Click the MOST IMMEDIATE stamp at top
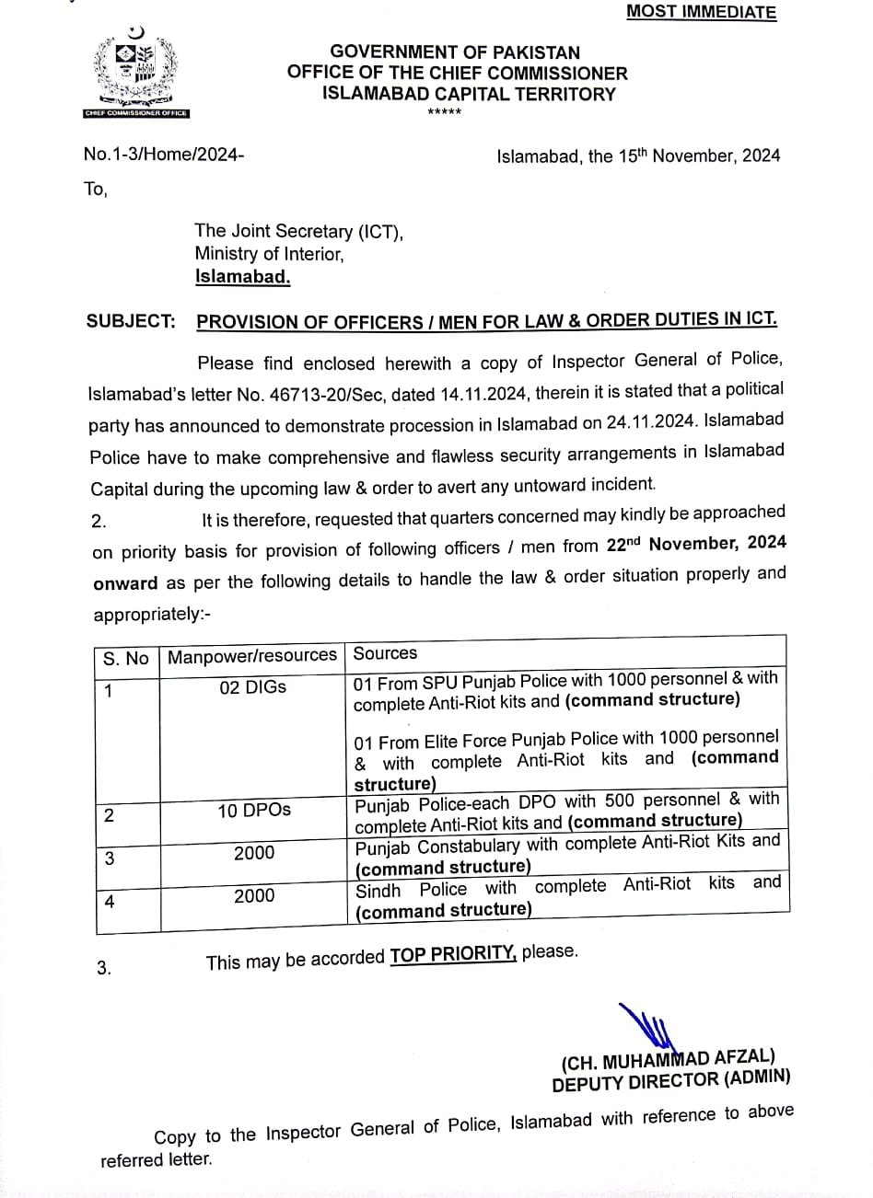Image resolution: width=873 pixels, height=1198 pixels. [x=701, y=12]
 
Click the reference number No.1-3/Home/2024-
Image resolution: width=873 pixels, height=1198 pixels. [x=164, y=155]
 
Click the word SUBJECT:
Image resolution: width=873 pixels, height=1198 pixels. [x=130, y=321]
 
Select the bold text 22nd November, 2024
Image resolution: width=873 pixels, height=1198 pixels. [x=696, y=544]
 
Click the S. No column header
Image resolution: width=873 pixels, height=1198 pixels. [x=125, y=658]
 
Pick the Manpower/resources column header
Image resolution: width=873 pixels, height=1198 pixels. [x=251, y=655]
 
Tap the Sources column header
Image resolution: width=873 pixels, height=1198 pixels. [x=385, y=653]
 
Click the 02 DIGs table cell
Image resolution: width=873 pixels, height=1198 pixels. [x=252, y=687]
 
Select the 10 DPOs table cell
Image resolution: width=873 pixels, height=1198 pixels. [x=254, y=810]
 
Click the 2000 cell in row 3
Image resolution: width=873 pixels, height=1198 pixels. [x=254, y=853]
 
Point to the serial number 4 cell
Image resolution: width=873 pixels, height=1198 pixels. [x=110, y=902]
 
